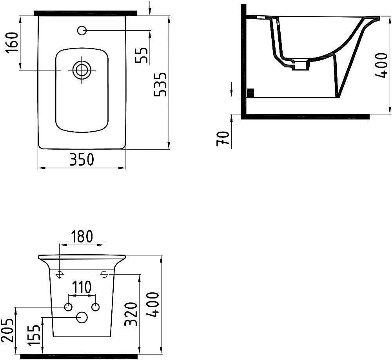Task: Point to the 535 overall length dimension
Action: (161, 85)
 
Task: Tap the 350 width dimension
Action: (82, 159)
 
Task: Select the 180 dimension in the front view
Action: (82, 236)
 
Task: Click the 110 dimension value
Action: (82, 287)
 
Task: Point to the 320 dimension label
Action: (131, 314)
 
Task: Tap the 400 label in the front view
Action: (154, 304)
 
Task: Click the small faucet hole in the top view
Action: (82, 30)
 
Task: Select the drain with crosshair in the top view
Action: (82, 70)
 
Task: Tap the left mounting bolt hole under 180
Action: (60, 274)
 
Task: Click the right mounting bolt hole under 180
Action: (104, 274)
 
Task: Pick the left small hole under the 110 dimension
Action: (68, 307)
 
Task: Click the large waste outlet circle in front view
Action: (82, 318)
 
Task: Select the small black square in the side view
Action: (250, 92)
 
